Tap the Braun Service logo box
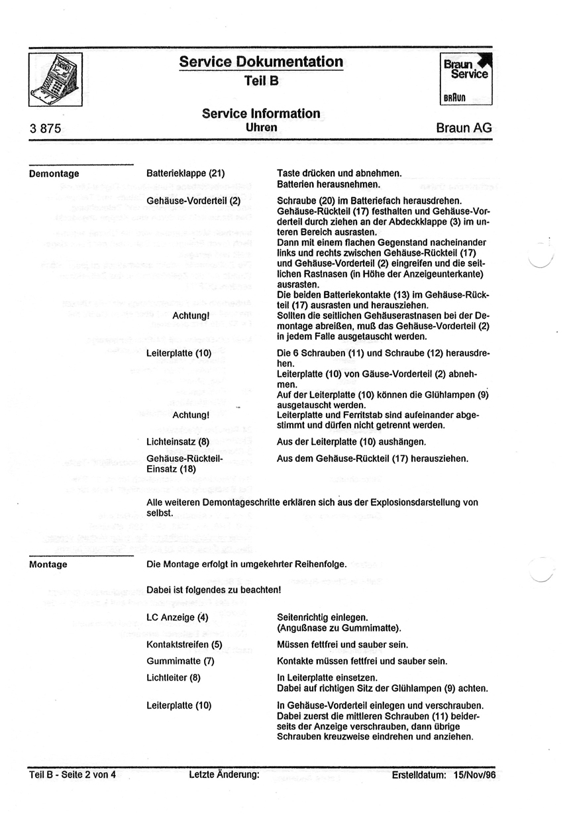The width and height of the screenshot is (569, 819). pos(468,78)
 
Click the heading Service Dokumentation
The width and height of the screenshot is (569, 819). pos(261,62)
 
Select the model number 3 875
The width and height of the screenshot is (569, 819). pos(45,129)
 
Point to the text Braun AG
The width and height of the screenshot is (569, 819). pos(464,128)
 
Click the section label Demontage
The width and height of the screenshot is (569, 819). pos(54,174)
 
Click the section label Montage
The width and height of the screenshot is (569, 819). pos(48,565)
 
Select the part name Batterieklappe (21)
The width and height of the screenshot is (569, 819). pos(185,174)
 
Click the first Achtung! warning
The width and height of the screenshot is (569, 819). pos(191,315)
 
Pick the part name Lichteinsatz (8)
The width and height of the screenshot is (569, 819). pos(178,441)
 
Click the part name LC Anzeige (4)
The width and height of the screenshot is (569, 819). pos(178,618)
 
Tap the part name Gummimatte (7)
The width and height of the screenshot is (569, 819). pos(180,661)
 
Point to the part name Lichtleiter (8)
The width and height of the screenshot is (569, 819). pos(173,677)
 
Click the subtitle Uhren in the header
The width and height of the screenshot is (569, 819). pos(261,126)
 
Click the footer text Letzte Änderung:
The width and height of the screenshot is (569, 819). pos(223,773)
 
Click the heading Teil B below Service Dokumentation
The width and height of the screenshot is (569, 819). pos(260,80)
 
